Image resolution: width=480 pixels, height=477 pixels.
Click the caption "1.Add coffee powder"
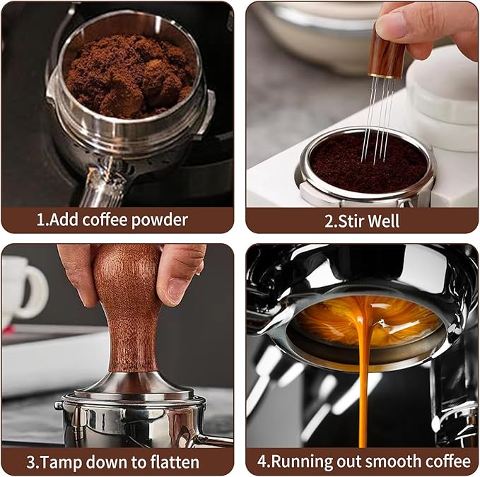[x=112, y=220]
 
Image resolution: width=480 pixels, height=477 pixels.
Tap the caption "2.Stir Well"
[x=362, y=220]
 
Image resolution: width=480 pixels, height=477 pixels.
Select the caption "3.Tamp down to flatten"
[x=113, y=462]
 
